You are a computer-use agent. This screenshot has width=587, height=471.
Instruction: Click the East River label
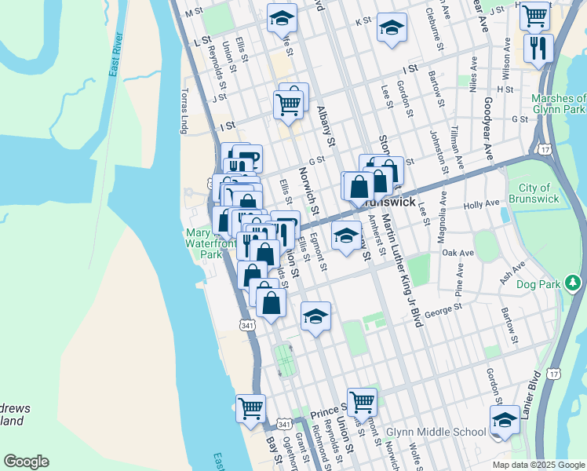[x=115, y=57]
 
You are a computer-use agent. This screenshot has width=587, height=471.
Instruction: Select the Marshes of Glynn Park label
[x=558, y=104]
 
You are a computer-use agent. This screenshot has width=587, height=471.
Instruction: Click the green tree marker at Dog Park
[x=574, y=281]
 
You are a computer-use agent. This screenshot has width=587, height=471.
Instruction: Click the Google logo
[x=26, y=462]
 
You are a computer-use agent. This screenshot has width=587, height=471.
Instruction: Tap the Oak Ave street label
[x=458, y=254]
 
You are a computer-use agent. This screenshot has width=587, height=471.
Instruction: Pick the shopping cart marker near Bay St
[x=250, y=407]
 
